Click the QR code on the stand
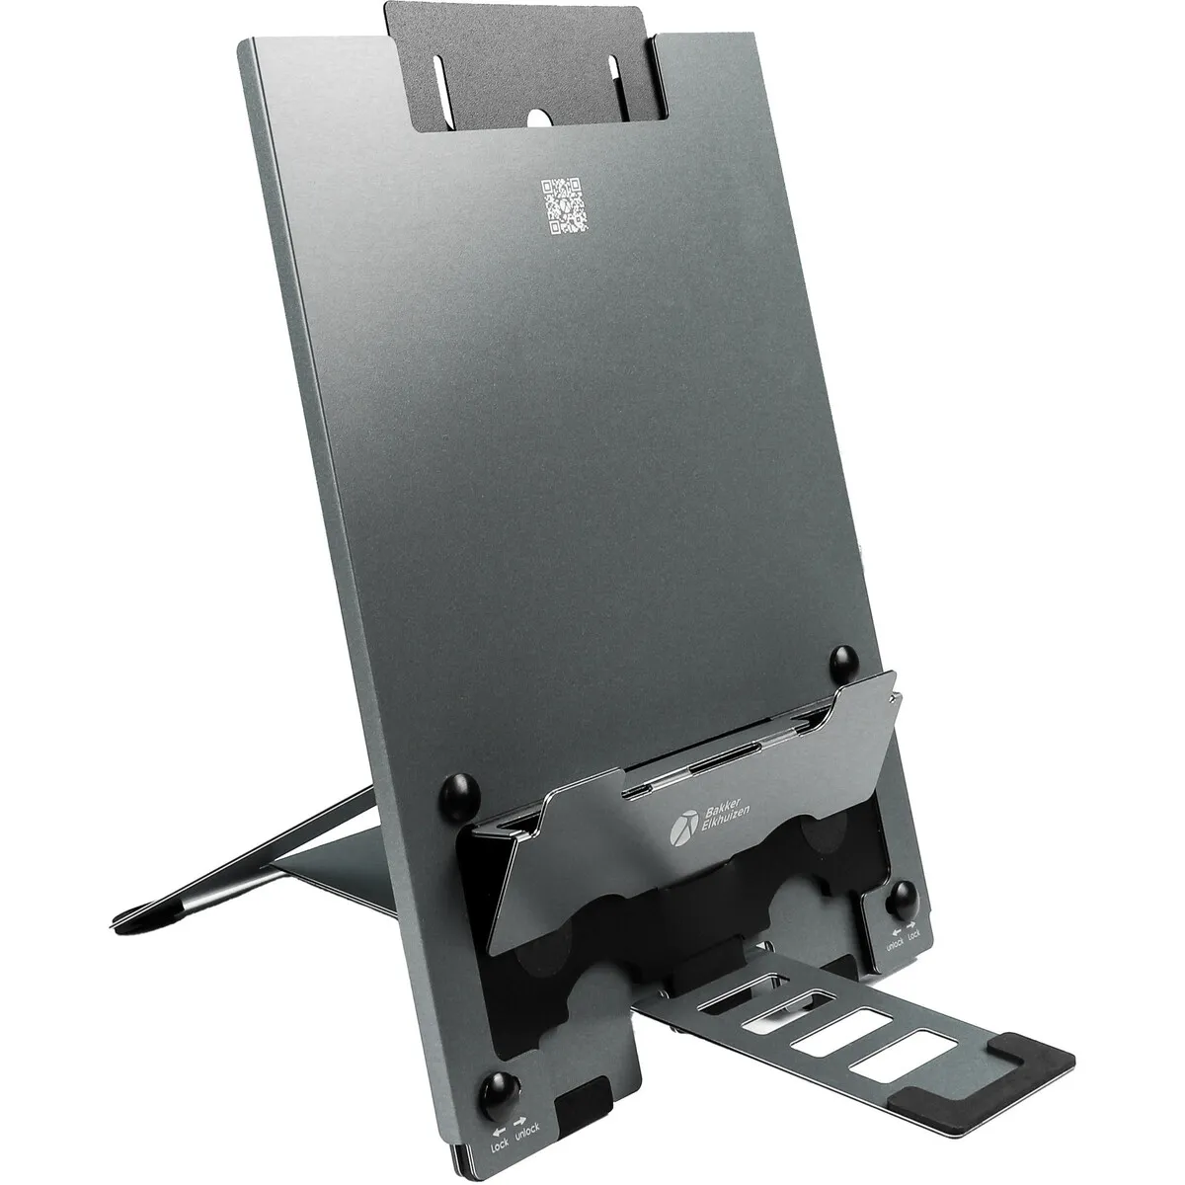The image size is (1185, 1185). click(564, 206)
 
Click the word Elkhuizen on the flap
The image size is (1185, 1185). click(726, 828)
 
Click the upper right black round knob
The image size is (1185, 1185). click(843, 663)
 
